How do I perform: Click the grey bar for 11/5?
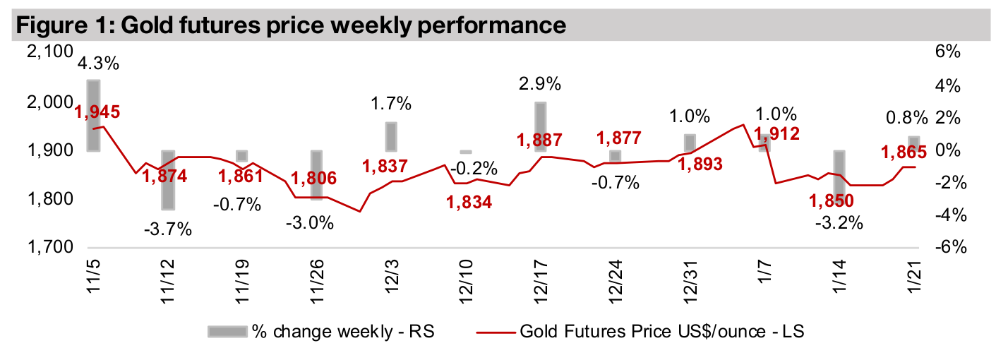pos(93,115)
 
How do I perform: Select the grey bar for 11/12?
pos(168,180)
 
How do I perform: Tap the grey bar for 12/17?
pos(540,127)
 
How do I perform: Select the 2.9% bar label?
pos(540,84)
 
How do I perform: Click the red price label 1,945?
pos(97,111)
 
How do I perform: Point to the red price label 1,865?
pos(904,150)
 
